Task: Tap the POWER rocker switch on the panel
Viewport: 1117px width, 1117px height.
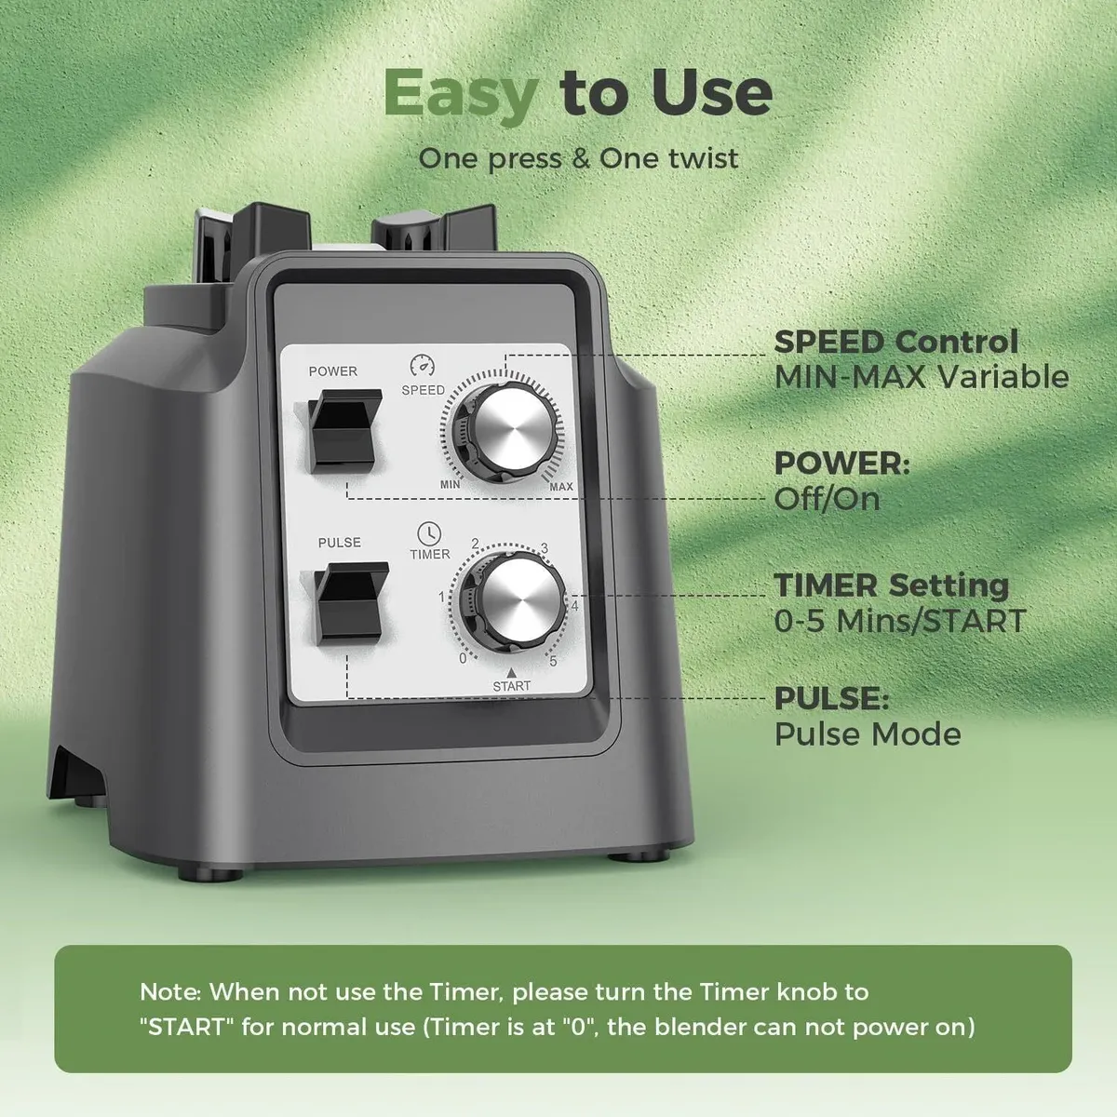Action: point(343,430)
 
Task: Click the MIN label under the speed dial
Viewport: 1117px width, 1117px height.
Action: point(450,484)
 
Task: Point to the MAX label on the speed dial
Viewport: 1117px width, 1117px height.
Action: point(561,486)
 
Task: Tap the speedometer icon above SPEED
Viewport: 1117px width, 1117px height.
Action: point(423,365)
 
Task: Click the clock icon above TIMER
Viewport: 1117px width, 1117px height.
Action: point(429,533)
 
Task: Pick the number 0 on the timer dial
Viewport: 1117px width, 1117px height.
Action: point(463,658)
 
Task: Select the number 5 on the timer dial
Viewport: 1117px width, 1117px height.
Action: point(553,661)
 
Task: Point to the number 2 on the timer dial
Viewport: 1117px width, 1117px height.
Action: point(476,544)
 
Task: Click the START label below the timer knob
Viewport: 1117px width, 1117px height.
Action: point(511,686)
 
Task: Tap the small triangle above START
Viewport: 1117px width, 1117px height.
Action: point(511,672)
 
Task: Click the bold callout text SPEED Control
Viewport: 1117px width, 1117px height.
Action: point(896,342)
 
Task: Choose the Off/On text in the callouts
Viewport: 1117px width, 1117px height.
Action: point(828,499)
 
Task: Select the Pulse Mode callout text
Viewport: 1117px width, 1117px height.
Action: point(868,734)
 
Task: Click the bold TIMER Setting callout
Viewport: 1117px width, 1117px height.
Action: point(892,585)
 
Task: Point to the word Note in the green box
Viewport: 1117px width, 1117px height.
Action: point(169,991)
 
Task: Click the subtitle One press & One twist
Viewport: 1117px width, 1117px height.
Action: point(578,159)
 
